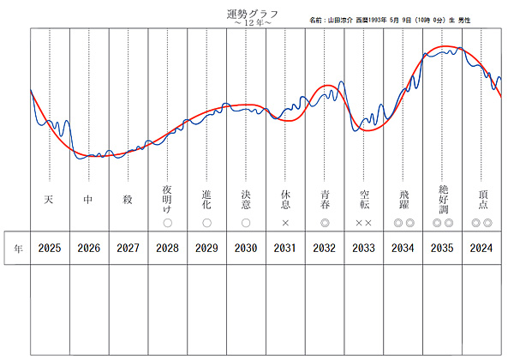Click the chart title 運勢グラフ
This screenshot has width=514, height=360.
pyautogui.click(x=251, y=14)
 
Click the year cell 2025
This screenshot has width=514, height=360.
pyautogui.click(x=50, y=249)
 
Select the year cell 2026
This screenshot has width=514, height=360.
pyautogui.click(x=89, y=249)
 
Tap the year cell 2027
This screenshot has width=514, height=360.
pyautogui.click(x=128, y=249)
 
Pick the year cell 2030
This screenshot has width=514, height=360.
pyautogui.click(x=246, y=249)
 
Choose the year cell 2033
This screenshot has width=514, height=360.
pyautogui.click(x=364, y=249)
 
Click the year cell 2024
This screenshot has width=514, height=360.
pyautogui.click(x=481, y=249)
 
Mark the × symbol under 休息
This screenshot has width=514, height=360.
pyautogui.click(x=285, y=223)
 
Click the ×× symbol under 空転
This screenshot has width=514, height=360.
pyautogui.click(x=364, y=223)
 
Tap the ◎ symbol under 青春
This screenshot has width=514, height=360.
pyautogui.click(x=325, y=223)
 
